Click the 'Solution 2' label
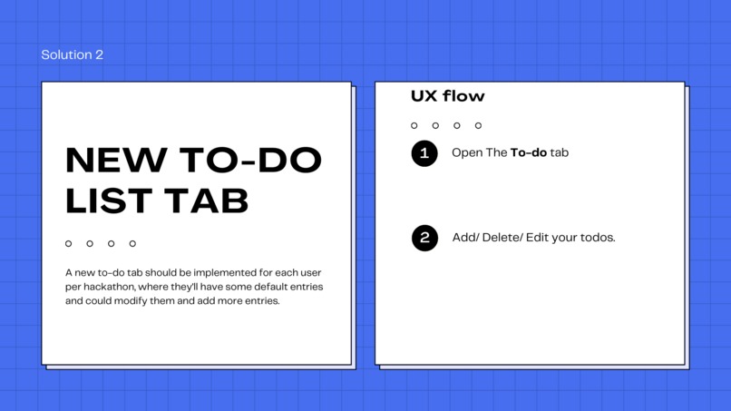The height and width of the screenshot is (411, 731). pyautogui.click(x=72, y=54)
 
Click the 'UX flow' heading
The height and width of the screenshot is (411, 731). pyautogui.click(x=447, y=96)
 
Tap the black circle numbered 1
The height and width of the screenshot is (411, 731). pyautogui.click(x=424, y=152)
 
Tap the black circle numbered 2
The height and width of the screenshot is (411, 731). pyautogui.click(x=424, y=238)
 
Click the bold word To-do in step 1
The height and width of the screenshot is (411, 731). pyautogui.click(x=529, y=152)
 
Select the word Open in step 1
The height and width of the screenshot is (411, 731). pyautogui.click(x=466, y=152)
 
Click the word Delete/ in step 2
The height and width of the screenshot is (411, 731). pyautogui.click(x=504, y=238)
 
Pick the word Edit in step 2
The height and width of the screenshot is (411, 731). pyautogui.click(x=542, y=238)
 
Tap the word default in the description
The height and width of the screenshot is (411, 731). pyautogui.click(x=258, y=287)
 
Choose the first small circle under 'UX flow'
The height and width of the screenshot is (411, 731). pyautogui.click(x=414, y=125)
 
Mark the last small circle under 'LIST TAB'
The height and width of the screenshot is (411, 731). pyautogui.click(x=132, y=243)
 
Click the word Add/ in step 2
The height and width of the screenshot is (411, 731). pyautogui.click(x=465, y=238)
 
